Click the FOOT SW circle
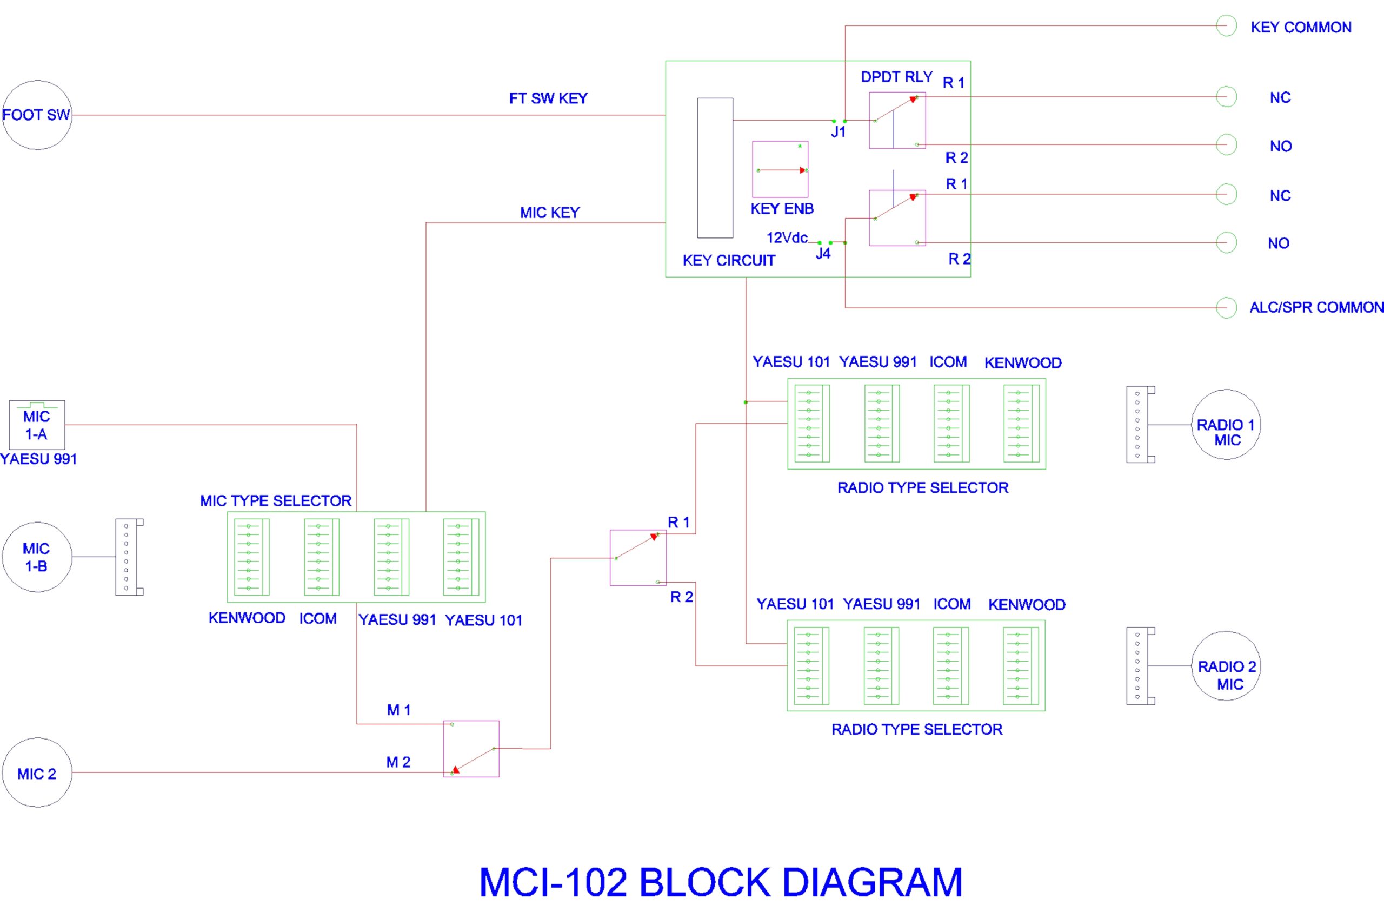click(37, 115)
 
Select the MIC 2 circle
click(37, 773)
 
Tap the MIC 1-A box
click(37, 425)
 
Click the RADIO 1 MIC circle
click(1226, 425)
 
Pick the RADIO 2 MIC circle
click(1226, 666)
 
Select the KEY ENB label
click(782, 209)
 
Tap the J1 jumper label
click(838, 132)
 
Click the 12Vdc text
click(786, 237)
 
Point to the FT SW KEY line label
click(548, 98)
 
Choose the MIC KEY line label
click(549, 213)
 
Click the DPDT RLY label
click(896, 77)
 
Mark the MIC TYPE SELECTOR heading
click(276, 501)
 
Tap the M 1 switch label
click(398, 710)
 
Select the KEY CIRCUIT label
click(729, 261)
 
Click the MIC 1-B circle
click(37, 557)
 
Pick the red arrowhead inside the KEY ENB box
click(803, 170)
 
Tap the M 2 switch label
click(398, 762)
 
